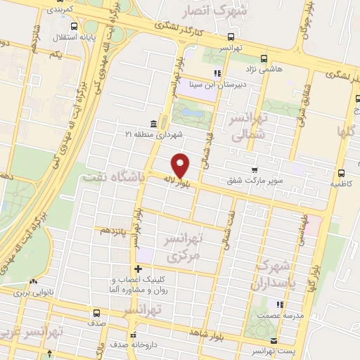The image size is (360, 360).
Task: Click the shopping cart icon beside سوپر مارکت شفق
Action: click(x=254, y=169)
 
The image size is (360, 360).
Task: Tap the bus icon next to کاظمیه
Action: click(x=341, y=173)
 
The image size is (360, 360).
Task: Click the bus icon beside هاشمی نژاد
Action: click(x=264, y=59)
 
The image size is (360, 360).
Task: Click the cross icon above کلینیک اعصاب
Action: click(x=139, y=269)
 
